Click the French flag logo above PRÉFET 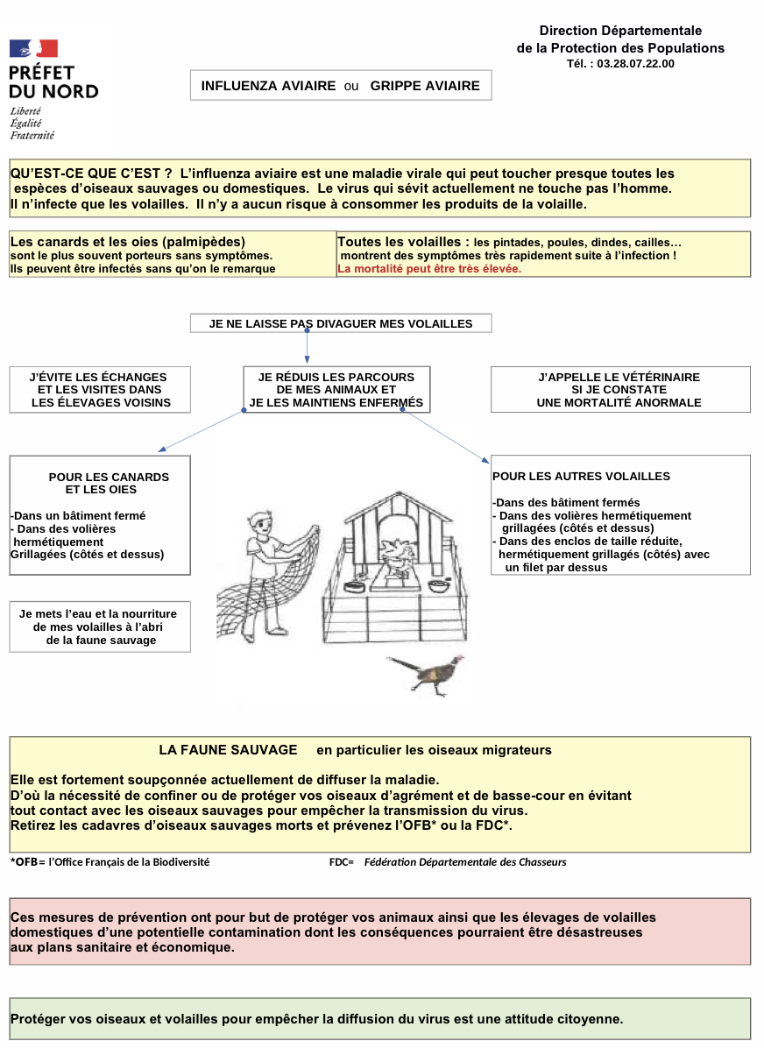coord(33,49)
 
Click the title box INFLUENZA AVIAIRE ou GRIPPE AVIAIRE coord(341,86)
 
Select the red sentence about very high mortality coord(429,269)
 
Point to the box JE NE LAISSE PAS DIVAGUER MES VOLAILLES coord(341,323)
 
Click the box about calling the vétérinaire coord(619,390)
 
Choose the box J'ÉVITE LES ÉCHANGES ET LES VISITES coord(99,390)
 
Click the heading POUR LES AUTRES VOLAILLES coord(581,477)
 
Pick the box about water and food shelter coord(99,627)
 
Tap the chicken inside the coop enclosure coord(399,554)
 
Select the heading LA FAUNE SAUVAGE coord(228,750)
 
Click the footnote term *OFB coord(24,862)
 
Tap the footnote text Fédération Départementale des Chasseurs coord(465,862)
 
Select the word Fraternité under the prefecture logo coord(32,136)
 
